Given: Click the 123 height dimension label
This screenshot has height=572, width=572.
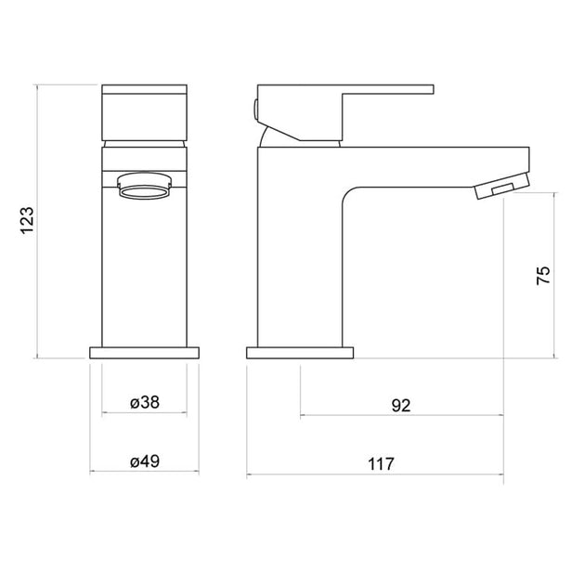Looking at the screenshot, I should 28,220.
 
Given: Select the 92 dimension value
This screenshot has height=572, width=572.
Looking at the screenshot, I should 401,405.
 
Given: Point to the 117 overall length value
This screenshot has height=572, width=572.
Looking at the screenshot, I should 382,462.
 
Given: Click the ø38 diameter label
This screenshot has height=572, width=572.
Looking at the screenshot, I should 144,403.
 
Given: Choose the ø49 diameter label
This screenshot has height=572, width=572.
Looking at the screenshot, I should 144,461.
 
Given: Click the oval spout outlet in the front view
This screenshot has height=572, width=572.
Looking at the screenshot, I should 144,191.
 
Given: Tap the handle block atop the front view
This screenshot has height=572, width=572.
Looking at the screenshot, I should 144,111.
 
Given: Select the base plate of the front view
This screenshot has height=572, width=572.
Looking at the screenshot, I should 144,354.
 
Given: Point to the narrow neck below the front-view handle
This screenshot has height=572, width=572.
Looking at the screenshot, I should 144,144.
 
